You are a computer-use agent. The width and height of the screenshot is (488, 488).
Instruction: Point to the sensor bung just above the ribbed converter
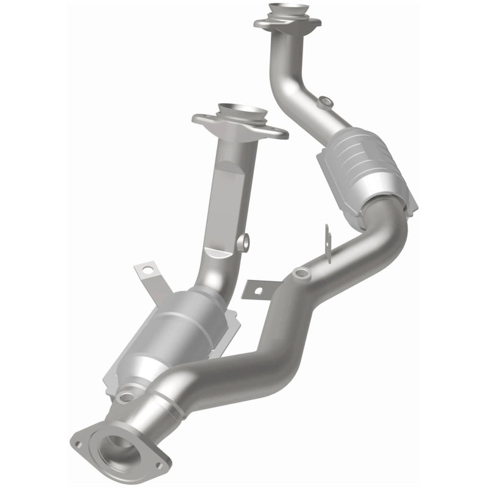(326, 101)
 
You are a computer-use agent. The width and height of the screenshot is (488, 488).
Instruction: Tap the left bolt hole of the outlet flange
(78, 444)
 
